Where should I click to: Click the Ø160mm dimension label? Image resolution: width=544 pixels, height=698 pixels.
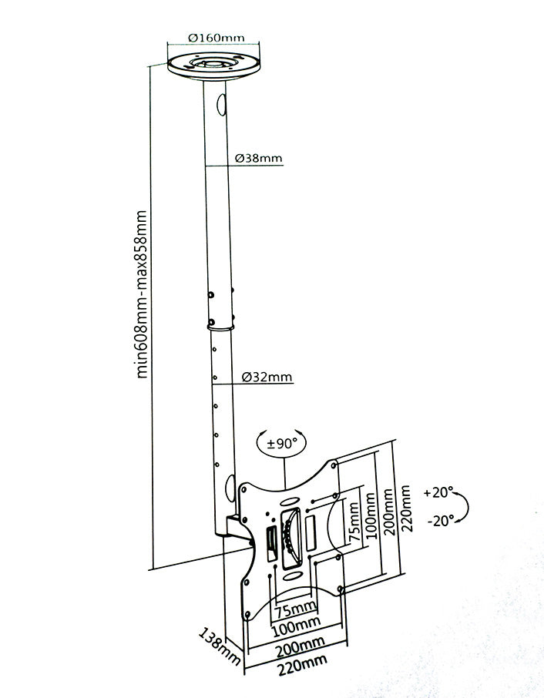[216, 37]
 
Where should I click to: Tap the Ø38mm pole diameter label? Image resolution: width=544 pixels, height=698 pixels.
[257, 159]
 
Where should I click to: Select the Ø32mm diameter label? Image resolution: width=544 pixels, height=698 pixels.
[266, 378]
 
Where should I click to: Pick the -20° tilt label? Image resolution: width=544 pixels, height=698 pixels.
[438, 521]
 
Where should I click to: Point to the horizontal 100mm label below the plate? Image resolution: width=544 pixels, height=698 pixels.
[294, 622]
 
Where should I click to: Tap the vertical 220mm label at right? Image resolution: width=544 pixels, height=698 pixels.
[406, 508]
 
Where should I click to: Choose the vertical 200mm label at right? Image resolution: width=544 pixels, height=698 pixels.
[388, 514]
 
